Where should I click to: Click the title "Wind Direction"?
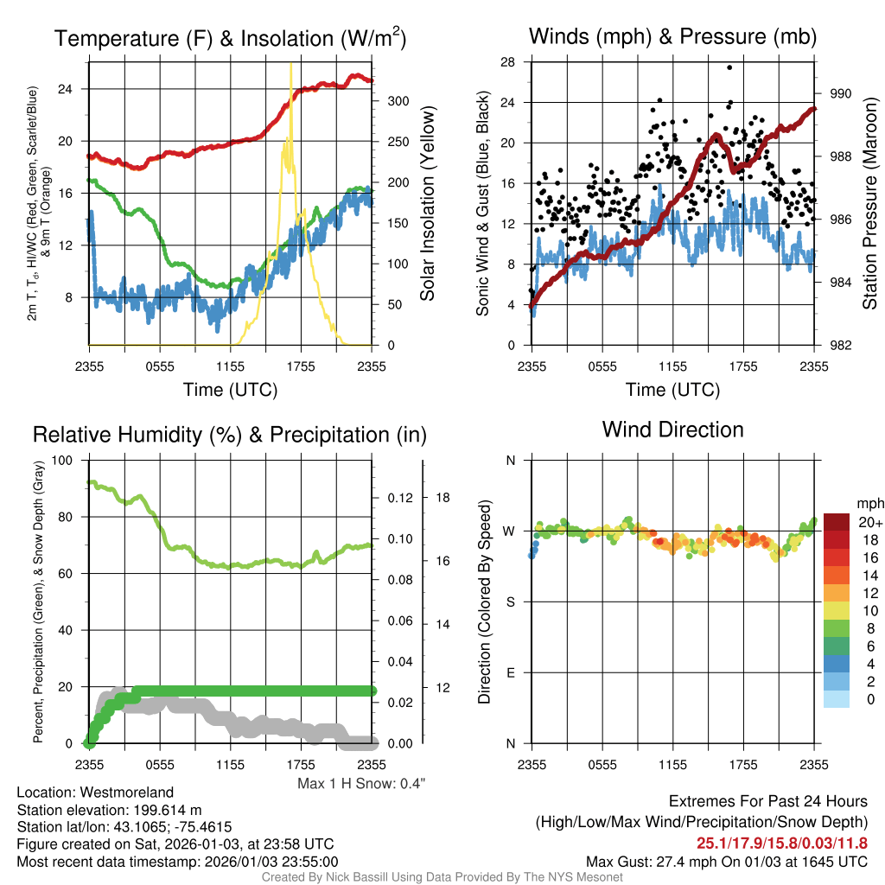pos(672,430)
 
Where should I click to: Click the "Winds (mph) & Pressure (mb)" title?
pos(672,36)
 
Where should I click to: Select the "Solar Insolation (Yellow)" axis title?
pos(427,204)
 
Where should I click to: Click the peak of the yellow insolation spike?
pos(290,64)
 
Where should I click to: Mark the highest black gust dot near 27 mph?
pos(729,67)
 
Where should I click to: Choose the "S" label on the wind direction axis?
pos(511,602)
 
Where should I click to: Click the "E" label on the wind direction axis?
pos(511,672)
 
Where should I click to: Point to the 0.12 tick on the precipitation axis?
pos(396,498)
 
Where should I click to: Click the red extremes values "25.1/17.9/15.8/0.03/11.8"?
pos(781,844)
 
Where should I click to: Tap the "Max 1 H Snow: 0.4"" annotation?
pos(361,784)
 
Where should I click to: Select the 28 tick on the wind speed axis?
pos(507,62)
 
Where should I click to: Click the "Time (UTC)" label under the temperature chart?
pos(230,390)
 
